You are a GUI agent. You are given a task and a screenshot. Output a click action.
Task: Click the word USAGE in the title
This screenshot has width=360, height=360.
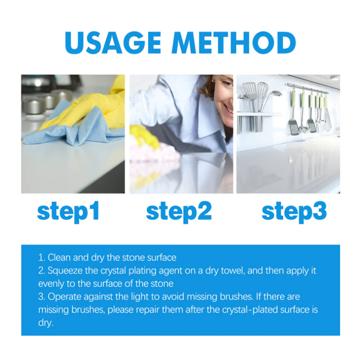(x=114, y=43)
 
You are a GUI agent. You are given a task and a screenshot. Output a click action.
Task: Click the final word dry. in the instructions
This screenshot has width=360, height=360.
(x=46, y=323)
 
